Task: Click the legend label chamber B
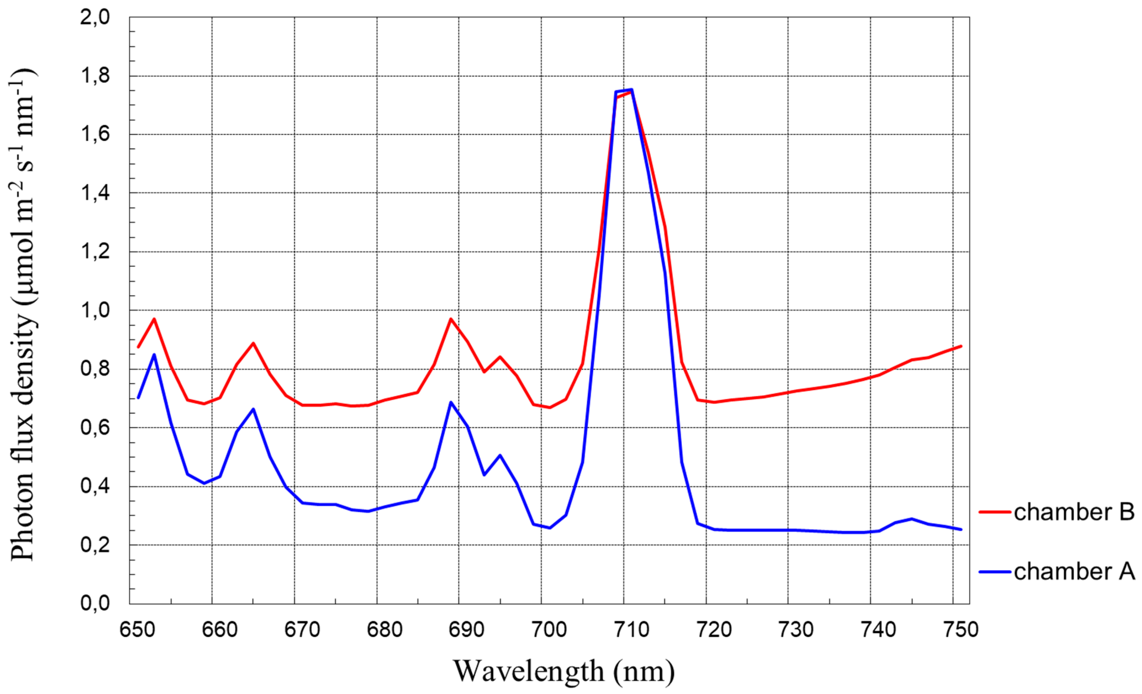coord(1074,512)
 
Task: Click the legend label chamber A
coord(1074,572)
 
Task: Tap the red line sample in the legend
coord(995,512)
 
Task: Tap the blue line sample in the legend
coord(995,572)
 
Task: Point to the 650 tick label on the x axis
coord(137,629)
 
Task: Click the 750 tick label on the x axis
coord(961,629)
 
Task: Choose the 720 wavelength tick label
coord(714,629)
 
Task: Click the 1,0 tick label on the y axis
coord(95,310)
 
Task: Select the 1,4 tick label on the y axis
coord(95,193)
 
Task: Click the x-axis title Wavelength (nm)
coord(564,671)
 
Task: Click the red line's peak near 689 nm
coord(451,319)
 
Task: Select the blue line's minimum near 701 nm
coord(550,528)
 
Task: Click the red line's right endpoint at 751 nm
coord(961,346)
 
